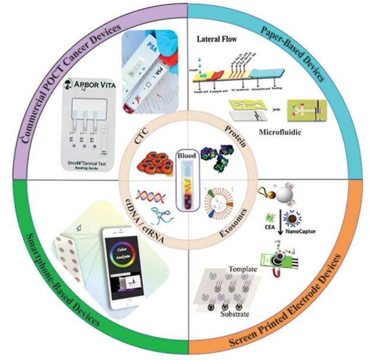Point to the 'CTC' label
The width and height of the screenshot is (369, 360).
pos(140,138)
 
